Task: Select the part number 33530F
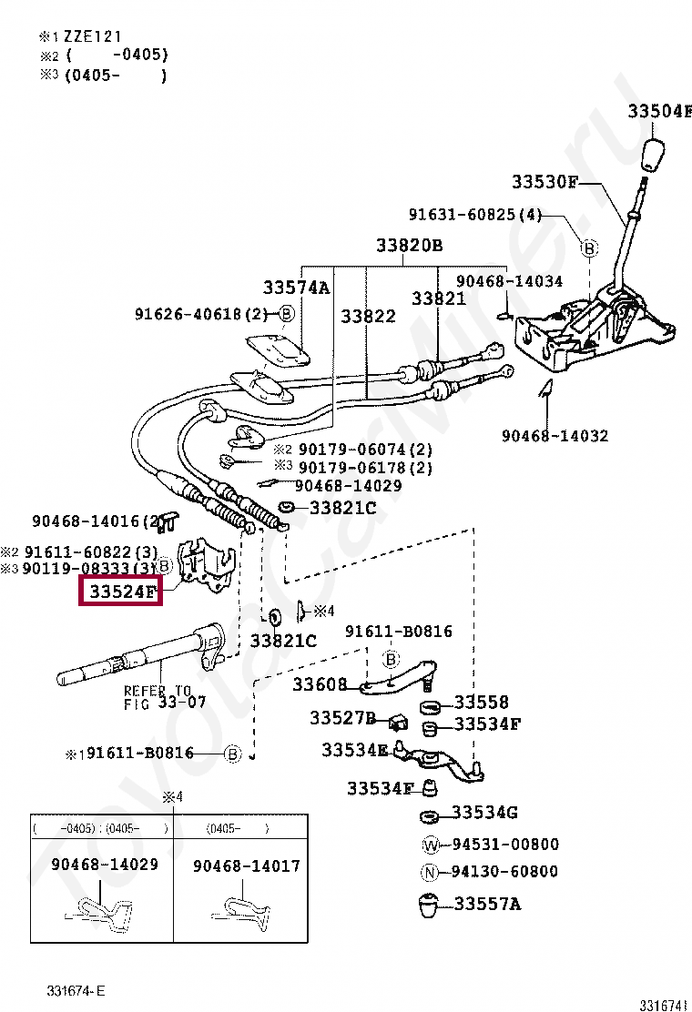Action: (544, 181)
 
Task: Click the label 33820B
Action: (409, 246)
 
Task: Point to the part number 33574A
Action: (296, 288)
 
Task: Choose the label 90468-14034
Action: (509, 281)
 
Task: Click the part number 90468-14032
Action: (555, 436)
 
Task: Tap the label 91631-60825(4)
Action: (474, 216)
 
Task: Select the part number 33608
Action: (320, 683)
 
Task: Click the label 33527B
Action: (342, 718)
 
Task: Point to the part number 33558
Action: (482, 703)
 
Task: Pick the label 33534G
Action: (484, 812)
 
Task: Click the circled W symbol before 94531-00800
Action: (432, 845)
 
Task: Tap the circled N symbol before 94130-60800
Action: (432, 872)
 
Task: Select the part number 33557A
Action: (487, 904)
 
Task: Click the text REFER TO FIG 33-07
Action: (165, 697)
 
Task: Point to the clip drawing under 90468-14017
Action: (245, 912)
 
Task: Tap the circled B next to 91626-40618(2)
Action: (286, 314)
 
